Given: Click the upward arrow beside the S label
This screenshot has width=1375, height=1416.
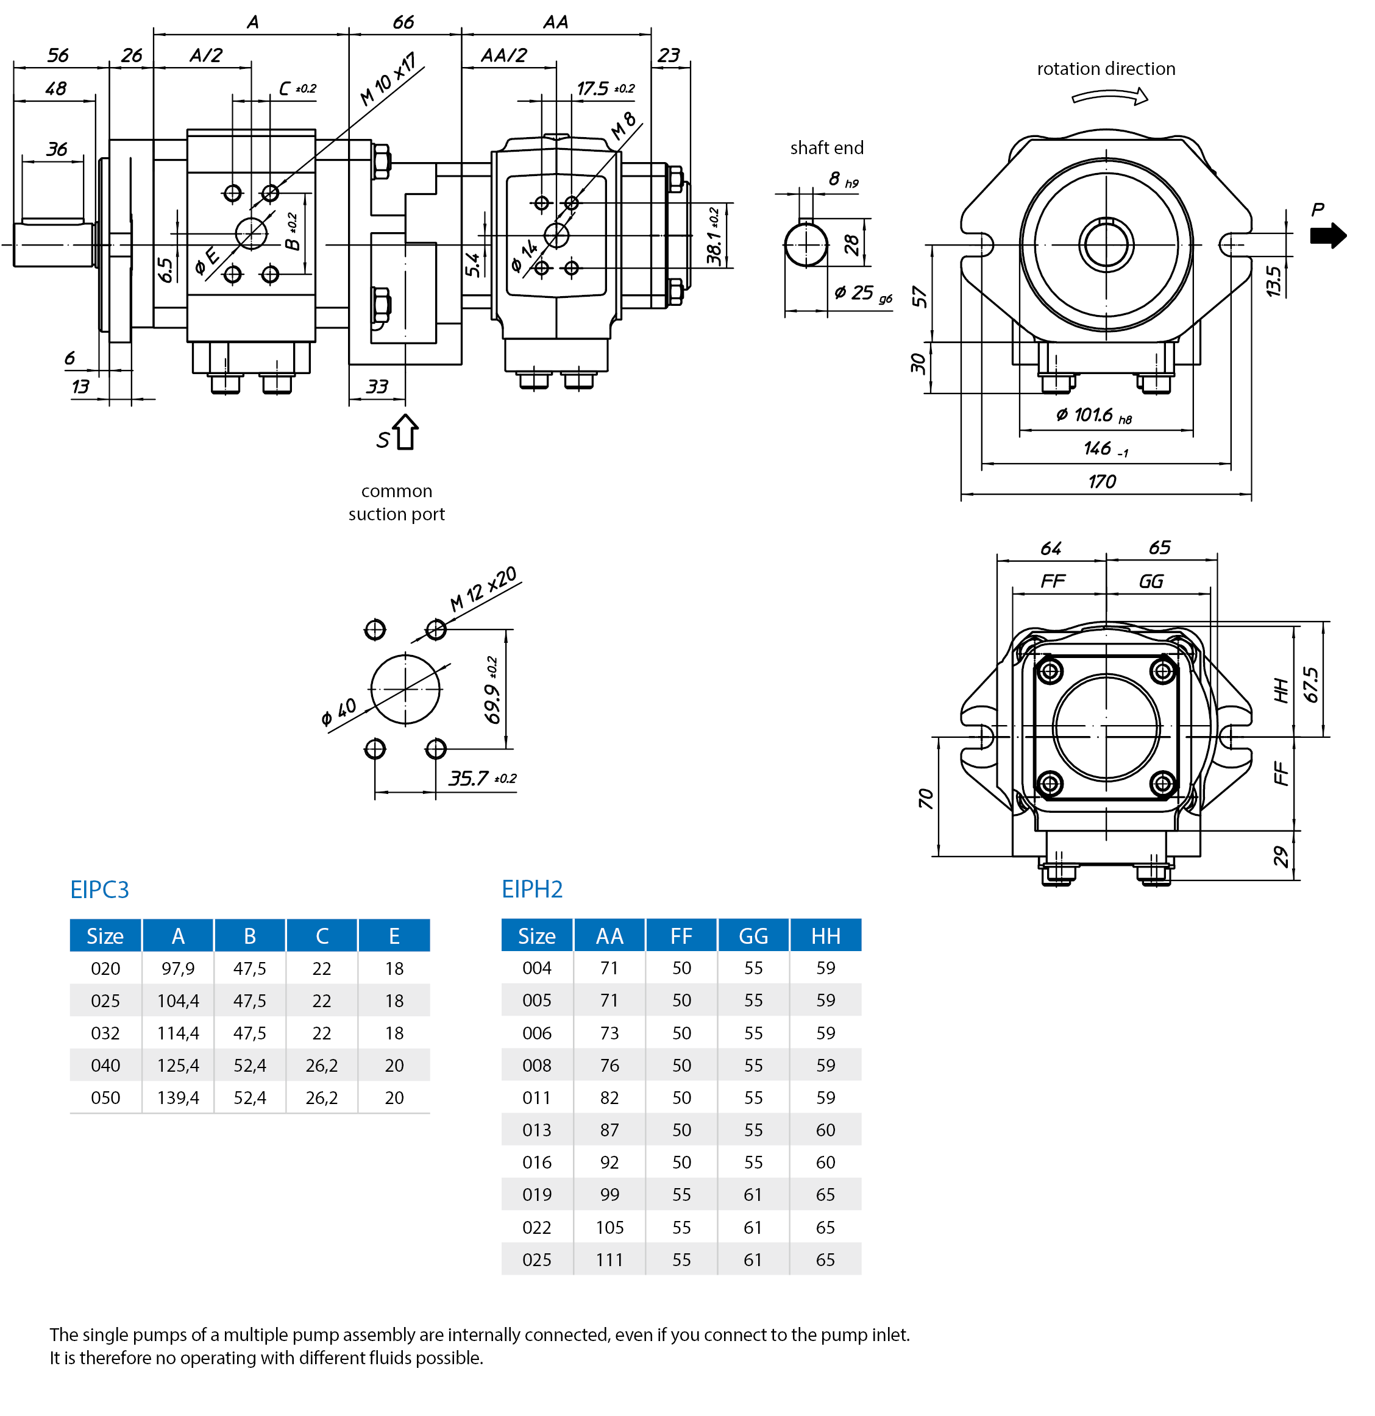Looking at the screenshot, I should pos(405,432).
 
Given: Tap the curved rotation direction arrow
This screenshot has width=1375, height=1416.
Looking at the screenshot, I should pos(1109,96).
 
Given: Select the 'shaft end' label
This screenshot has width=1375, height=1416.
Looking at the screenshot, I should pos(826,148).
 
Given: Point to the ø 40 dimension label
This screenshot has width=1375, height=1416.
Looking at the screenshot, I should pos(338,712).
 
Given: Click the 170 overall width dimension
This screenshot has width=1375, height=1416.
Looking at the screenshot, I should pos(1102,482).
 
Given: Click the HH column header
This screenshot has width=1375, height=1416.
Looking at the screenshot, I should pos(825,936).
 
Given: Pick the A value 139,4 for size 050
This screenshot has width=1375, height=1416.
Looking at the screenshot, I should pos(178,1098).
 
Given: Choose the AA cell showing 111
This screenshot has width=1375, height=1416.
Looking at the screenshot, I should pos(609,1260).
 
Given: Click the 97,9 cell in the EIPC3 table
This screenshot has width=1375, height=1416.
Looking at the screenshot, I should pos(178,969).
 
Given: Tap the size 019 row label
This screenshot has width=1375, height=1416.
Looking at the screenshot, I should pos(537,1195).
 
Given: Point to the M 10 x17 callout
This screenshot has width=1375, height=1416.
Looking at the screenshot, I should pos(388,79).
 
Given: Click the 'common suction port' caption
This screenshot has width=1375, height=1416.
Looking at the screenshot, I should pos(396,503).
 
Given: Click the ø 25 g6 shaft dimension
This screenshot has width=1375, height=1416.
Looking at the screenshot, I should pos(862,293).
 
